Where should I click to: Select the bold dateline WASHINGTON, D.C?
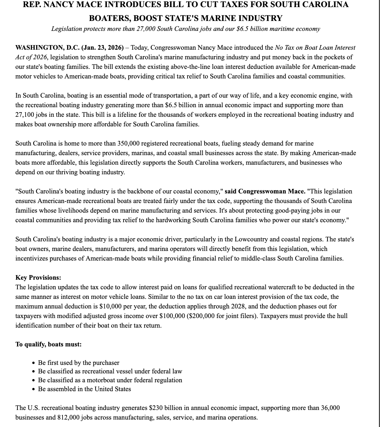coord(48,48)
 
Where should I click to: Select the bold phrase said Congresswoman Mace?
coord(265,191)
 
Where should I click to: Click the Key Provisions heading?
coord(38,278)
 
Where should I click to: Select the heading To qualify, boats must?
coord(48,344)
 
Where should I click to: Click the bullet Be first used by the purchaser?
coord(78,363)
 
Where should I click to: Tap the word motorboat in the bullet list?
coord(99,380)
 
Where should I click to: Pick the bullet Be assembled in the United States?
coord(84,389)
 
